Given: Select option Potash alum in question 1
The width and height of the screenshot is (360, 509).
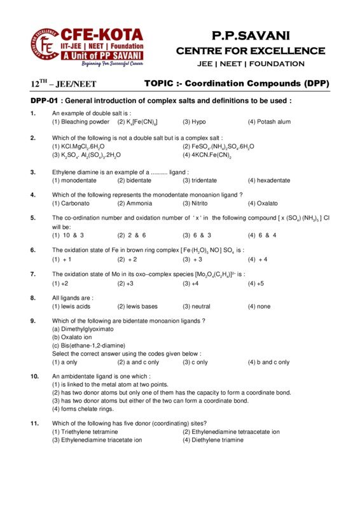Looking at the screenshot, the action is (x=269, y=122).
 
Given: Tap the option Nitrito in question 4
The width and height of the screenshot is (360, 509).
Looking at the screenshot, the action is (x=198, y=203).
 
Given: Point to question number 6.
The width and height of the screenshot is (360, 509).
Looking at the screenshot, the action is (x=33, y=250).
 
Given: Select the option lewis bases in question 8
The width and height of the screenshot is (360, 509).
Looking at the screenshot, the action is (x=140, y=306).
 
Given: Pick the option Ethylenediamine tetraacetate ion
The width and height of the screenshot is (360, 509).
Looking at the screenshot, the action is (x=231, y=431).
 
